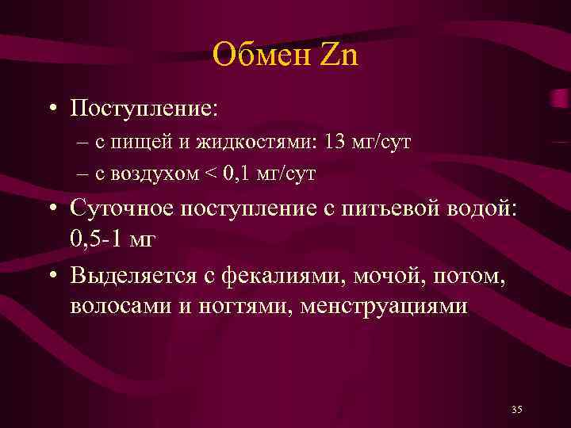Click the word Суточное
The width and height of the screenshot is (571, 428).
coord(121,211)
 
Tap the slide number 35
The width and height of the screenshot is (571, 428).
coord(517,409)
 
